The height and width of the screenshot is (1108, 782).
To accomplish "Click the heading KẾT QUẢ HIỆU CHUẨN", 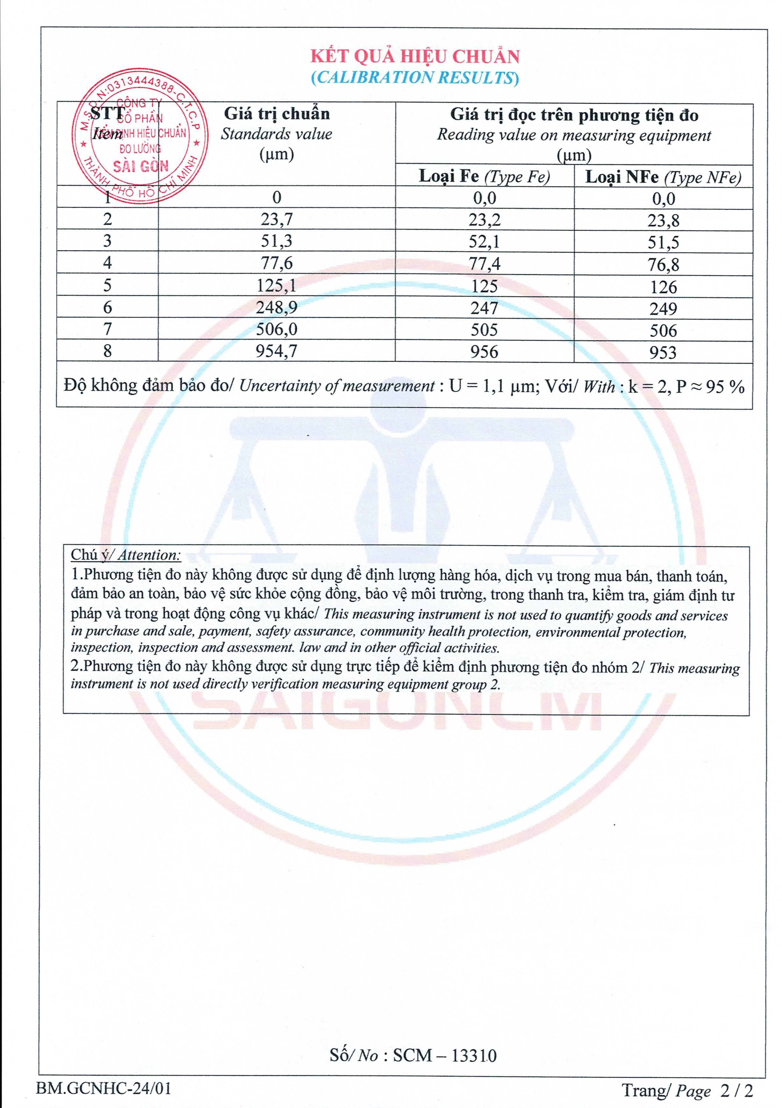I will point(415,57).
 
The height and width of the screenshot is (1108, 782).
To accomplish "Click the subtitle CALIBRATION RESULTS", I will point(415,78).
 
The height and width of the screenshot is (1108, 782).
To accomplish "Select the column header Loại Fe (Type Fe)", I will point(485,177).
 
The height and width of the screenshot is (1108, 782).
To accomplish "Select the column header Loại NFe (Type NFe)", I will point(663,178).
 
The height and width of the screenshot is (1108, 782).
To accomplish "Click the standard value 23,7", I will point(276,220).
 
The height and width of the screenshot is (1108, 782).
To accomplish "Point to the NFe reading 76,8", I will point(663,264).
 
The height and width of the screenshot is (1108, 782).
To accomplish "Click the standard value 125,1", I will point(276,286).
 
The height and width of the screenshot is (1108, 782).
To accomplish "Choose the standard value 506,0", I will point(276,330).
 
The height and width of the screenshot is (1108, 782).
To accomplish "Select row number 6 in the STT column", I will point(107,307).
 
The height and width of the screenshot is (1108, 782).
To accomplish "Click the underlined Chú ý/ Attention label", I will point(125,555).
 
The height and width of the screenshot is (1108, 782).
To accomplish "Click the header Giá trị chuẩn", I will point(276,114).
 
